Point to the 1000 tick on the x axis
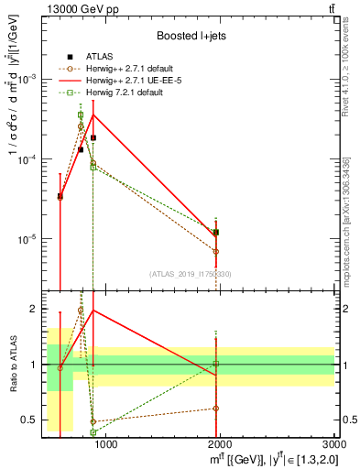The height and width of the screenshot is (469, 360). point(106,445)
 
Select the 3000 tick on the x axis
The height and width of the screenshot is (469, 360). point(333,445)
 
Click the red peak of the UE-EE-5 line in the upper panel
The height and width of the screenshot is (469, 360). point(93,115)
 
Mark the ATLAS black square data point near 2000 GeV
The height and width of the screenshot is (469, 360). point(216,233)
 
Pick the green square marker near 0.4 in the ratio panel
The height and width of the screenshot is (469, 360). point(93,432)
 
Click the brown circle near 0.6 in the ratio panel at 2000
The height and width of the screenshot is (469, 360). point(216,409)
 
